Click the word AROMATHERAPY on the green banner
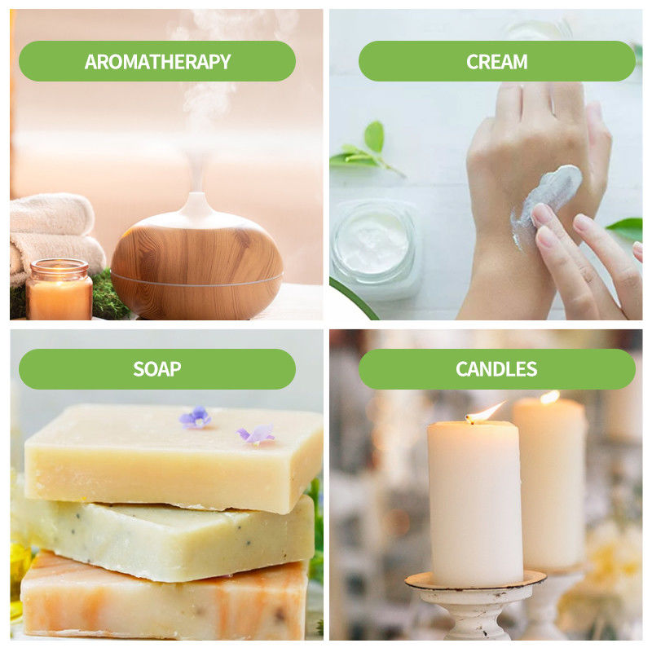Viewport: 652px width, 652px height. (157, 62)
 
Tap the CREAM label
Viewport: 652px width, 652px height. (497, 62)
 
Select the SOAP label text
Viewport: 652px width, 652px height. (157, 369)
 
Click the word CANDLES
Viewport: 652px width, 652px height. (496, 369)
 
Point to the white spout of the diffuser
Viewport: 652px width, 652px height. (197, 206)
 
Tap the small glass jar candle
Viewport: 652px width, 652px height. (59, 289)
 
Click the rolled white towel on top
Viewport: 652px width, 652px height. (52, 214)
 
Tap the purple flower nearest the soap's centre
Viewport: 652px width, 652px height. (195, 417)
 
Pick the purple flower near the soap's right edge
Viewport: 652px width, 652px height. (256, 434)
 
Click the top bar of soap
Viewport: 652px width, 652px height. (173, 456)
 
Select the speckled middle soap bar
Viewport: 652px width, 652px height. (166, 539)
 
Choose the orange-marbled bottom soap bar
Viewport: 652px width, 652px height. (165, 597)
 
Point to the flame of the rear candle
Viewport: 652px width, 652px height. (550, 397)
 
